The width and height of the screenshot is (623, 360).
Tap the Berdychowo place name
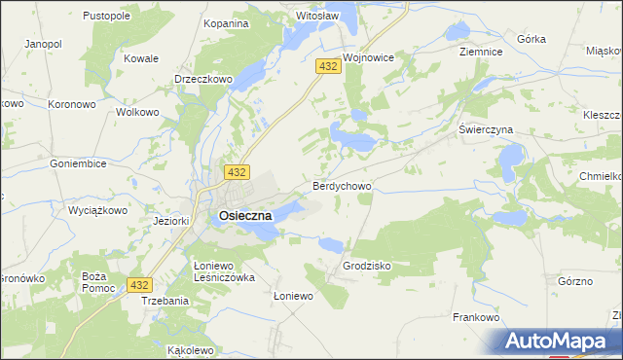pos(341,184)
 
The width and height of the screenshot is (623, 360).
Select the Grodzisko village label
pos(367,265)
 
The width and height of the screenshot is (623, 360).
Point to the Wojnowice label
pos(368,57)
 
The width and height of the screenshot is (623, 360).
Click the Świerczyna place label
pos(486,128)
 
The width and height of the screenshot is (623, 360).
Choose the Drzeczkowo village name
pos(202,79)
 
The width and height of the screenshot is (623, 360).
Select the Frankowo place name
pos(476,317)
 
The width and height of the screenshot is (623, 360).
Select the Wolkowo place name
pos(137,112)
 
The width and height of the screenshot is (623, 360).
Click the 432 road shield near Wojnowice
pos(327,65)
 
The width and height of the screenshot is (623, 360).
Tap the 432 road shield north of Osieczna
pos(235,171)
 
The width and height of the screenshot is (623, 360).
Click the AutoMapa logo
pos(555,342)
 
